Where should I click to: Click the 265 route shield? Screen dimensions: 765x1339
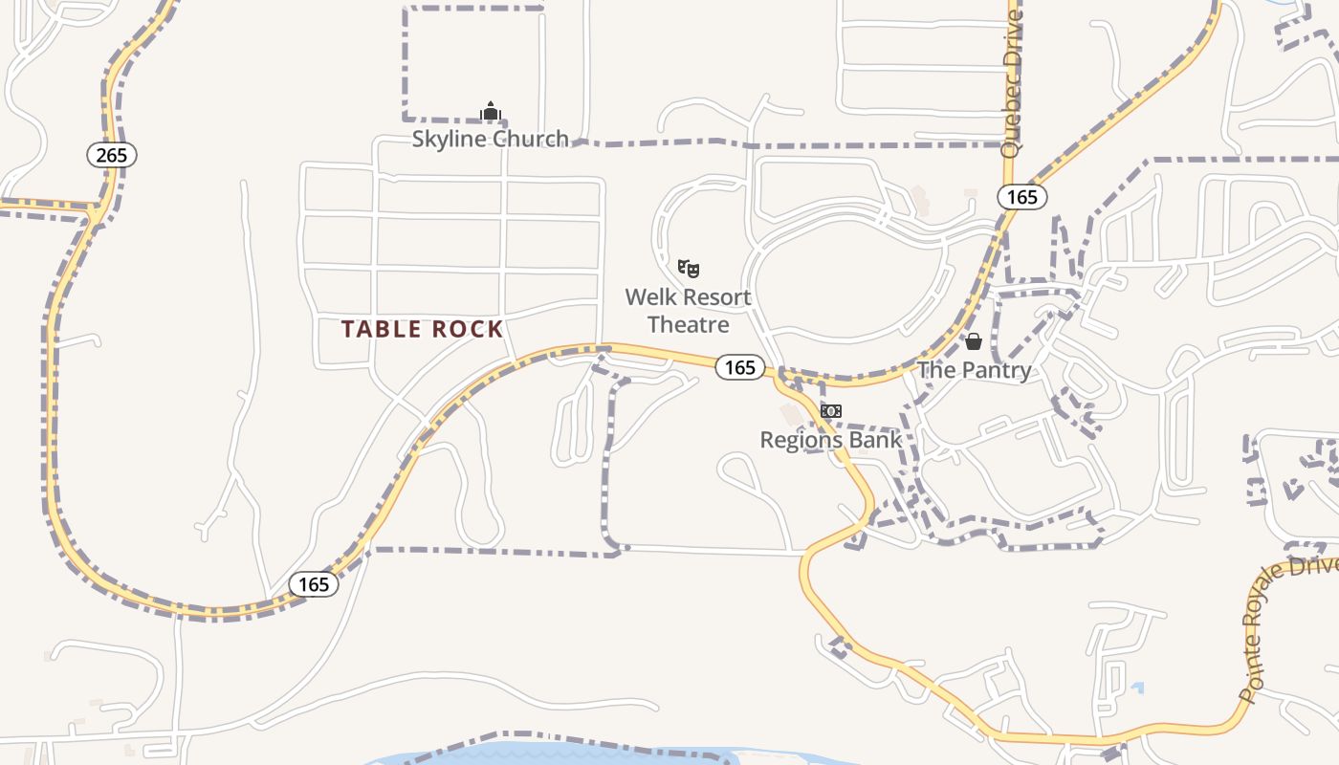pos(112,155)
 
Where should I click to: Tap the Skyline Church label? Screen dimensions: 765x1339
pos(490,140)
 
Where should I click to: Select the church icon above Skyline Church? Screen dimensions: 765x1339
pos(491,112)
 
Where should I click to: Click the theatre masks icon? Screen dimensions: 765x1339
pos(689,268)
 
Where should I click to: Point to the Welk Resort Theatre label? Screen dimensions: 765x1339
pos(689,311)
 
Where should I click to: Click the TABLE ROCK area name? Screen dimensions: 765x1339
pos(422,329)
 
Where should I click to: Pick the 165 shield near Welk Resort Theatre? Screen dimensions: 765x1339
pos(739,367)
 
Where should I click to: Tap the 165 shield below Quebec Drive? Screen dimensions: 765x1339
pos(1022,197)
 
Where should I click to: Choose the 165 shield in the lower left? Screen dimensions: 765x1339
pos(314,584)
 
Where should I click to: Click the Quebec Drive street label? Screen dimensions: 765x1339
pos(1012,83)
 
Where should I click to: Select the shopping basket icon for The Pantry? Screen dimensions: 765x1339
pos(974,341)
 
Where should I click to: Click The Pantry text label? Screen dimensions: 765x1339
pos(974,370)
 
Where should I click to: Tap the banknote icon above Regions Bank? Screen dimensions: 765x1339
pos(830,411)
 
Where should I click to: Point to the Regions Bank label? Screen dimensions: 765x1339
pos(830,440)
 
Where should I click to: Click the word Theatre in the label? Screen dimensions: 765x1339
pos(689,325)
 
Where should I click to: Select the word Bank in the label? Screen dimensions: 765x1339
pos(877,440)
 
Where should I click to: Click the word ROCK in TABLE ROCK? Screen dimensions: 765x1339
pos(467,329)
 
